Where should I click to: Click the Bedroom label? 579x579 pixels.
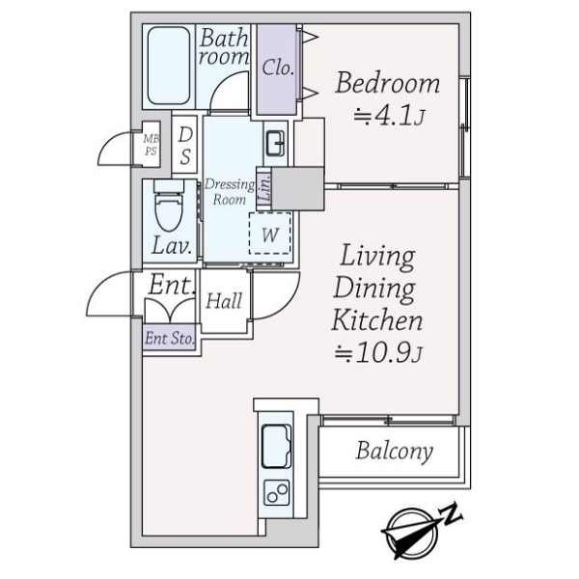388,83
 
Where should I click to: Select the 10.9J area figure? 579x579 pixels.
377,353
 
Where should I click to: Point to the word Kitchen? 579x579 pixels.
377,320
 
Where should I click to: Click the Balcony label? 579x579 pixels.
394,452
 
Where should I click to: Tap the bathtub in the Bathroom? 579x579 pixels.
169,66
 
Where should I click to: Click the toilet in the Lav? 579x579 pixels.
169,206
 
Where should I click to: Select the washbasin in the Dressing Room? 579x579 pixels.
275,143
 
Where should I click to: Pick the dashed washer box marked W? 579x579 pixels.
270,233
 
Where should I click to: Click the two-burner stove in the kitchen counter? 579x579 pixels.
277,493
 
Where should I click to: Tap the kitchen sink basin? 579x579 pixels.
277,446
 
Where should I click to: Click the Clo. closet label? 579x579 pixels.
278,68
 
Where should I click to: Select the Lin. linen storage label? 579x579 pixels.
264,188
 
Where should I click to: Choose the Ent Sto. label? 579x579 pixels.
170,339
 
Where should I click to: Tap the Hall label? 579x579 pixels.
224,301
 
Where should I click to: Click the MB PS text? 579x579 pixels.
151,145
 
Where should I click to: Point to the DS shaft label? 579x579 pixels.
185,146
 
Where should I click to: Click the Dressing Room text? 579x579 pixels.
230,192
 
